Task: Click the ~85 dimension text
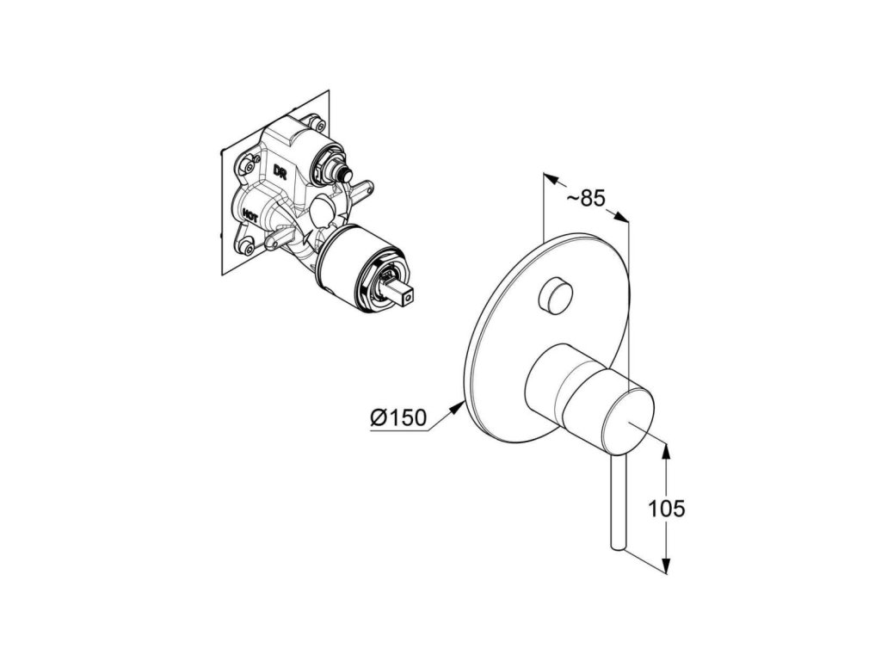[587, 198]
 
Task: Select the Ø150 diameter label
[399, 418]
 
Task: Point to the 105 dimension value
[667, 509]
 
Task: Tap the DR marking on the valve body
[280, 172]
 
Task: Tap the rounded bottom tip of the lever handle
[616, 544]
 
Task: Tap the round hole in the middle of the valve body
[323, 210]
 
